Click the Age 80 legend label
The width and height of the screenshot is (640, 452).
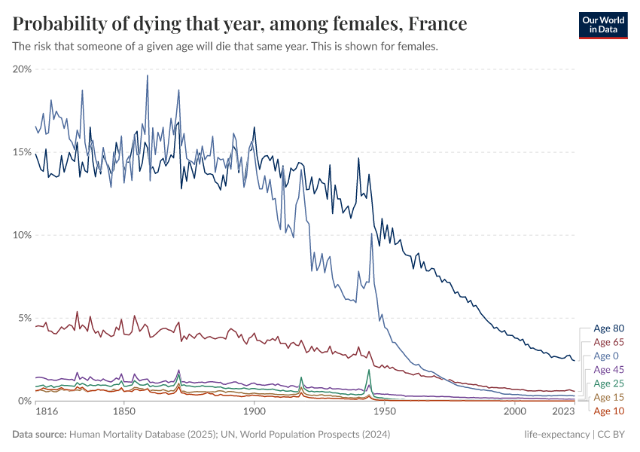(608, 328)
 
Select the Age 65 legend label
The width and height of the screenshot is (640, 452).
(608, 342)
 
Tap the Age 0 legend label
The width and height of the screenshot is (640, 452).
(606, 356)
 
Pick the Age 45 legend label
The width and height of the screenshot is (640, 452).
(608, 370)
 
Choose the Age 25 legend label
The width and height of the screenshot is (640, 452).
(608, 383)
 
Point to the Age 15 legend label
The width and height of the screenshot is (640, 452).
(608, 397)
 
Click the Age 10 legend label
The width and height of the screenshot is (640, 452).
(608, 411)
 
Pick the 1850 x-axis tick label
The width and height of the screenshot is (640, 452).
(123, 413)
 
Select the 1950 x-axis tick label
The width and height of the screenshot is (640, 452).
(385, 413)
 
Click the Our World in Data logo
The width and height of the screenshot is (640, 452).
(604, 25)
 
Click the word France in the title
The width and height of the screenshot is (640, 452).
(436, 25)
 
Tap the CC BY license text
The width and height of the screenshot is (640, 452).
(614, 435)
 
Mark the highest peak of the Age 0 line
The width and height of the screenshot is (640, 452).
(148, 75)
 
